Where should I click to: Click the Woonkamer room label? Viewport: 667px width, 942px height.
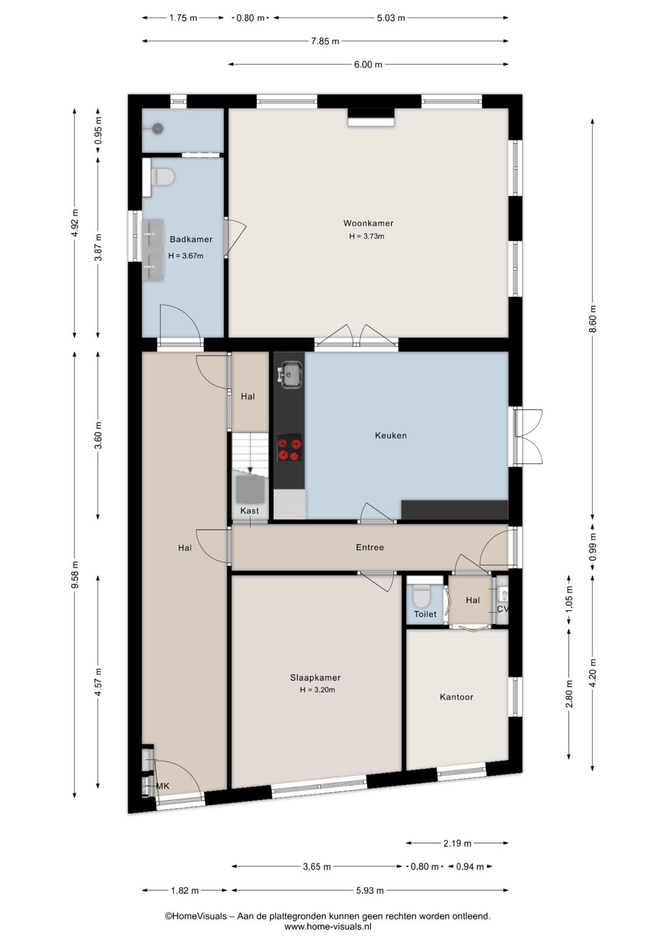tap(368, 223)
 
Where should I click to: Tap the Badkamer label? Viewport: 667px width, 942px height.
tap(191, 240)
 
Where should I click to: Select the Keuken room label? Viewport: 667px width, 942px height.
tap(391, 436)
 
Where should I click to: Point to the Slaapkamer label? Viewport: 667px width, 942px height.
tap(315, 677)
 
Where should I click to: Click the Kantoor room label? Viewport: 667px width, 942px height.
tap(456, 698)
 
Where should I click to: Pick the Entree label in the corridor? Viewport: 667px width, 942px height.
tap(370, 548)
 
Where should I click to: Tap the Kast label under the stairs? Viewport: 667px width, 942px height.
tap(250, 511)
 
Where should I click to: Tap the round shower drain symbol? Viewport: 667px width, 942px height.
tap(157, 128)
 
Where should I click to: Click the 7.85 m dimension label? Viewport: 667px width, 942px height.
tap(325, 41)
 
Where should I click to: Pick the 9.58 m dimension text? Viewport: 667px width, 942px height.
tap(75, 575)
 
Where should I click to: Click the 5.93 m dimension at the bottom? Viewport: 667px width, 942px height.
tap(370, 890)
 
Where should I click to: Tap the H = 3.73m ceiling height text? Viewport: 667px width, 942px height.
tap(366, 236)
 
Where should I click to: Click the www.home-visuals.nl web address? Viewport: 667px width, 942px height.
tap(328, 927)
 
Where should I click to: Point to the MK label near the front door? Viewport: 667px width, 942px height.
tap(163, 786)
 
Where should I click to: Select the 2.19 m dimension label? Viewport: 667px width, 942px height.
tap(458, 843)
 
